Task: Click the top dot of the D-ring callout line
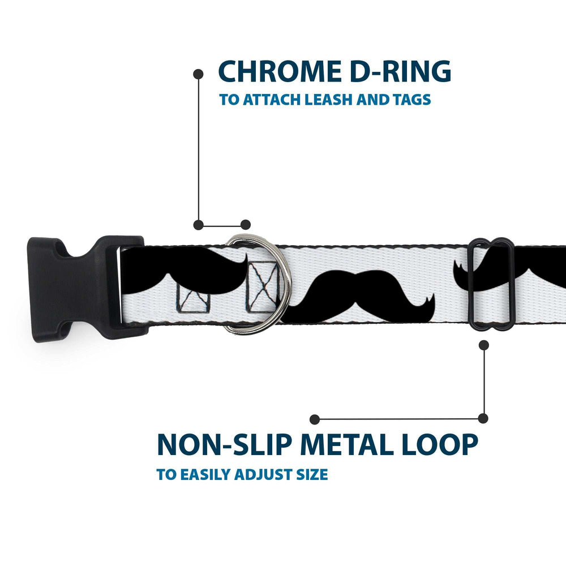tap(198, 74)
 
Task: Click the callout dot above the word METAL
tap(315, 419)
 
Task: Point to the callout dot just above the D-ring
tap(246, 225)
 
